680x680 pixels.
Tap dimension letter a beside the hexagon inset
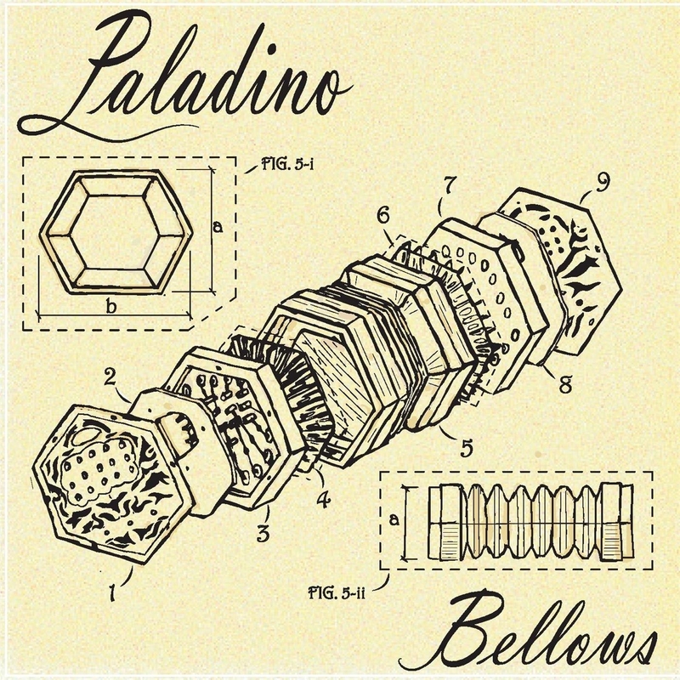pos(218,227)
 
